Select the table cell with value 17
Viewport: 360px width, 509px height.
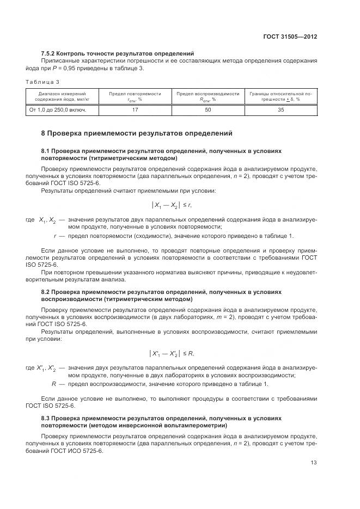135,110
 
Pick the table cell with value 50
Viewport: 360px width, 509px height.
208,110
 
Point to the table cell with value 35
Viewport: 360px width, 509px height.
280,110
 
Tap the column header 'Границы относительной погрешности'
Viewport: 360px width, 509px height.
280,96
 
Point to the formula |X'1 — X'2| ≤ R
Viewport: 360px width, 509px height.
172,354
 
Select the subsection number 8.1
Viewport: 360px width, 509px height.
46,150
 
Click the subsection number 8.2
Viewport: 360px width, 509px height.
46,292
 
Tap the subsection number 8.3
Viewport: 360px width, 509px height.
46,419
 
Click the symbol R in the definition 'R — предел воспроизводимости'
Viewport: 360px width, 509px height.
53,384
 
